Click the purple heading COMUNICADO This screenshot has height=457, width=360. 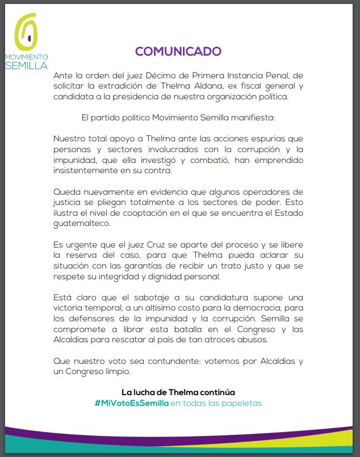point(178,51)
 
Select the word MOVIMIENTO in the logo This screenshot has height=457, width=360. point(26,57)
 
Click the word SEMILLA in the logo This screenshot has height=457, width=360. point(26,65)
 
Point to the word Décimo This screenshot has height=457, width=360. point(167,76)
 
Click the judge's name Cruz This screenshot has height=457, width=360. point(152,245)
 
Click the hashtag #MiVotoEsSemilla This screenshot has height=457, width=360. point(132,403)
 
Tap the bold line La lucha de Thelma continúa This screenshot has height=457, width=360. point(178,392)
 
